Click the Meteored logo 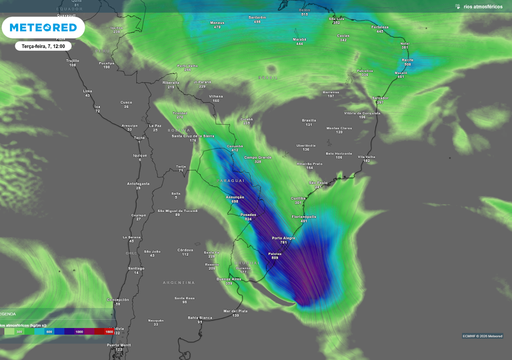pos(43,27)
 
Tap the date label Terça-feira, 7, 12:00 pos(43,46)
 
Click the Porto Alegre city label pos(283,238)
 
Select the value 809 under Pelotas pos(274,258)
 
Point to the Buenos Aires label pos(229,279)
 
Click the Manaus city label pos(217,22)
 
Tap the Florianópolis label pos(304,216)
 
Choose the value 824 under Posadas pos(248,219)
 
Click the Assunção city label pos(235,197)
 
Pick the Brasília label pos(309,120)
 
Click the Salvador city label pos(380,98)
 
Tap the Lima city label pos(87,91)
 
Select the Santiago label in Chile pos(136,268)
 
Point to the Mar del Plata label pos(235,311)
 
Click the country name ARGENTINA pos(178,282)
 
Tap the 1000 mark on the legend pos(79,331)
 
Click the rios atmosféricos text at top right pos(483,6)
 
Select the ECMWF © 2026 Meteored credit pos(482,336)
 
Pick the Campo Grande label pos(258,157)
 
